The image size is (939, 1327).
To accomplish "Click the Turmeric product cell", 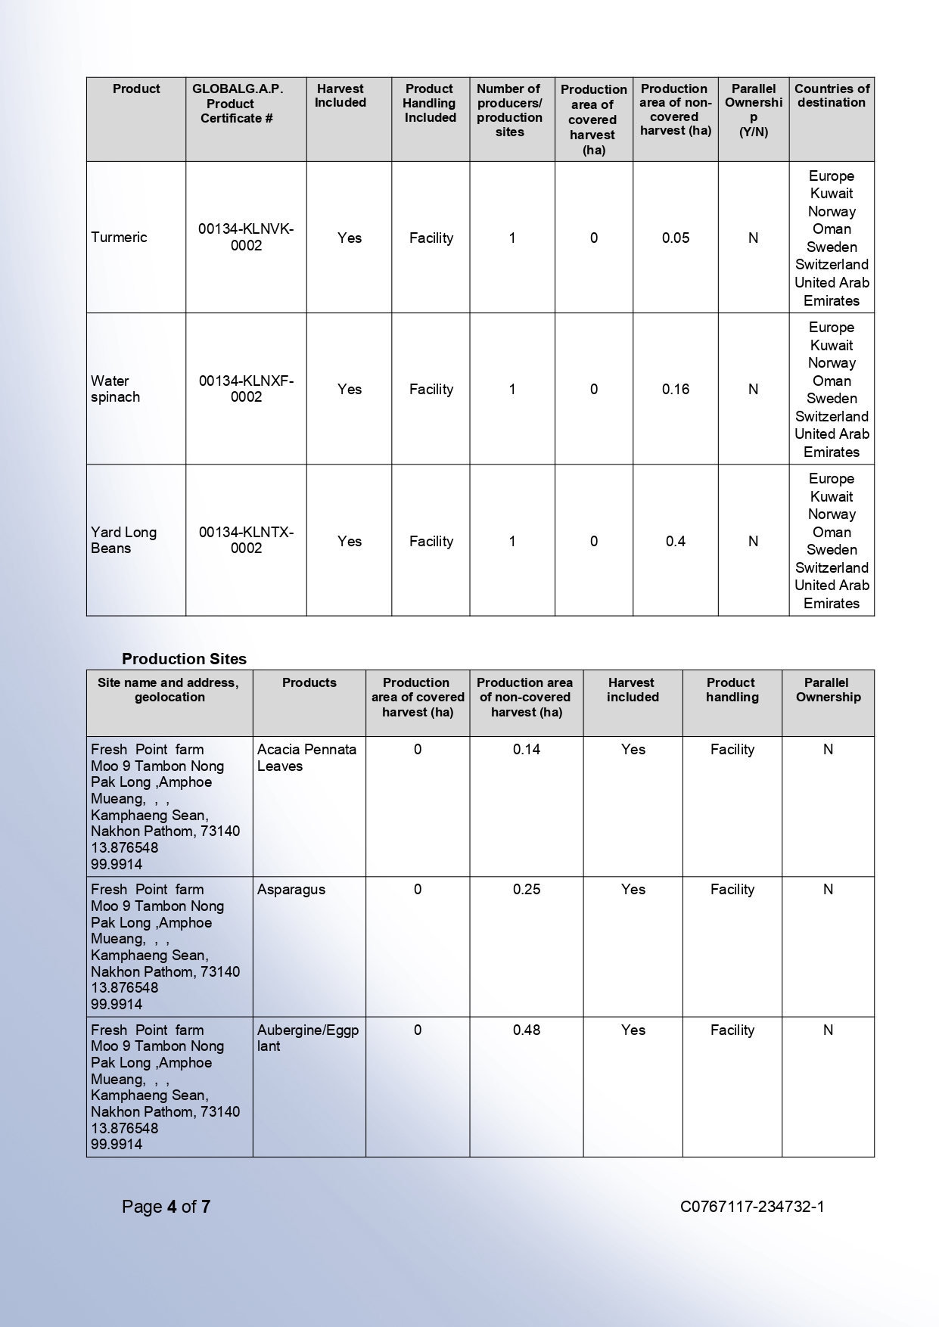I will click(120, 238).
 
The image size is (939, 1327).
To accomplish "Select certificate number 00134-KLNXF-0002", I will click(246, 389).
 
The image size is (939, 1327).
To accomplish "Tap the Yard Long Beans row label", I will click(124, 540).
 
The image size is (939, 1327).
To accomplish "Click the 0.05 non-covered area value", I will click(675, 238).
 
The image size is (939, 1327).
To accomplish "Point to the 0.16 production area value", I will click(675, 389).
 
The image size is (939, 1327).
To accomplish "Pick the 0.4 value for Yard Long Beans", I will click(675, 541).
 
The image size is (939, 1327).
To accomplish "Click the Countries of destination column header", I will click(831, 95).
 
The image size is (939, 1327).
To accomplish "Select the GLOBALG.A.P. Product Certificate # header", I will click(237, 104).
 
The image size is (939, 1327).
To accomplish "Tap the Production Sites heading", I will click(184, 658).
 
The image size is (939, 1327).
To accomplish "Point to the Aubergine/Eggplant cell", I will click(307, 1037).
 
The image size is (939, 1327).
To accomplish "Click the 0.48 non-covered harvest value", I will click(526, 1030).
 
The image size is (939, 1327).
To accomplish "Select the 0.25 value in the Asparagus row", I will click(526, 890).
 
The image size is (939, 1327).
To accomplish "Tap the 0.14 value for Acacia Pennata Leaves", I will click(526, 750).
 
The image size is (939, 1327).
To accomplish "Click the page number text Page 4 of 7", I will click(166, 1206).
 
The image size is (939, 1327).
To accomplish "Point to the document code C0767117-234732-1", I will click(752, 1206).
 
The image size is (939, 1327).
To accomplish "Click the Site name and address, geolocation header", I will click(169, 689).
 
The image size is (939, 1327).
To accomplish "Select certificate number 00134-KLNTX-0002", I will click(246, 540).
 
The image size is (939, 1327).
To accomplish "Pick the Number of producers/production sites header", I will click(509, 110).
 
